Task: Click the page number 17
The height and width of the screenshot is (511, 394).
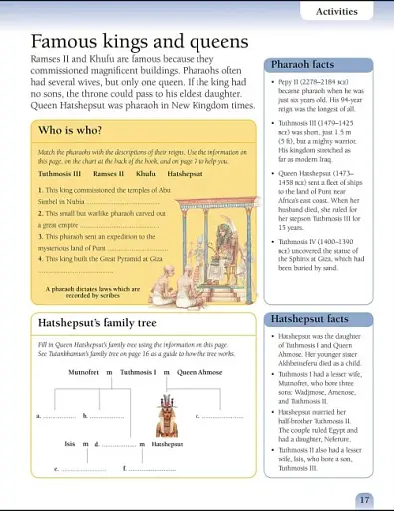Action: pyautogui.click(x=365, y=499)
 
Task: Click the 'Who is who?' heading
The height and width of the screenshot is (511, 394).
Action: pyautogui.click(x=66, y=131)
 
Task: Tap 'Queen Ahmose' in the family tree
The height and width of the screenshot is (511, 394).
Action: pyautogui.click(x=199, y=371)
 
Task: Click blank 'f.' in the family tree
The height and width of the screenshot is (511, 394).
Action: pyautogui.click(x=150, y=468)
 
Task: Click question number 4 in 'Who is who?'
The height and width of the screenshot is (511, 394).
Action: pyautogui.click(x=38, y=257)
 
